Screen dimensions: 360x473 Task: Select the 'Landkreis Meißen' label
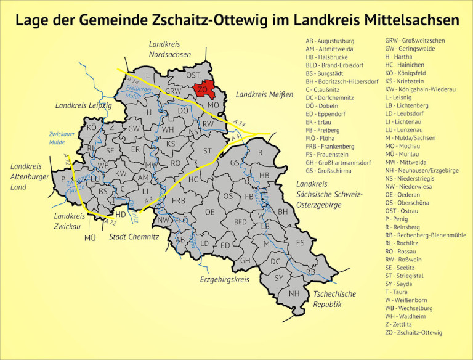tap(260, 95)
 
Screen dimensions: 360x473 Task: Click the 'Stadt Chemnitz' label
tap(134, 237)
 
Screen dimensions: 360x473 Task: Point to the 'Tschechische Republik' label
tap(334, 299)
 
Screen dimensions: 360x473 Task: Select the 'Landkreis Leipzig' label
tap(84, 106)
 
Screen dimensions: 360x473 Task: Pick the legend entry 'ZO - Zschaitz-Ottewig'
tap(413, 333)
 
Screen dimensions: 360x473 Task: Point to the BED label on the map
tap(240, 222)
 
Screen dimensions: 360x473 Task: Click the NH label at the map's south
tap(294, 293)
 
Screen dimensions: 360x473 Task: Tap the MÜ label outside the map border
tap(91, 238)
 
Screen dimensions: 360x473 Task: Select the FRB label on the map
tap(179, 201)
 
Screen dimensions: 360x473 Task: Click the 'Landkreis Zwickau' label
tap(69, 221)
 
